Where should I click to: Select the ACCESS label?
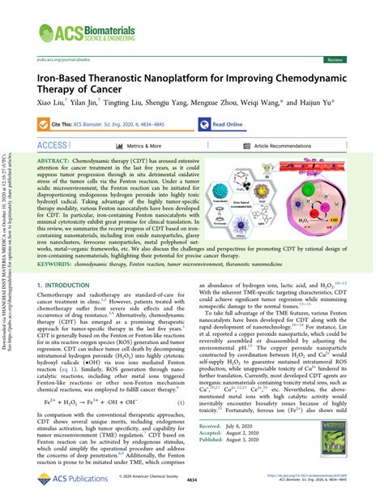[52, 145]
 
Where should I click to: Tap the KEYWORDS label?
[56, 264]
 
